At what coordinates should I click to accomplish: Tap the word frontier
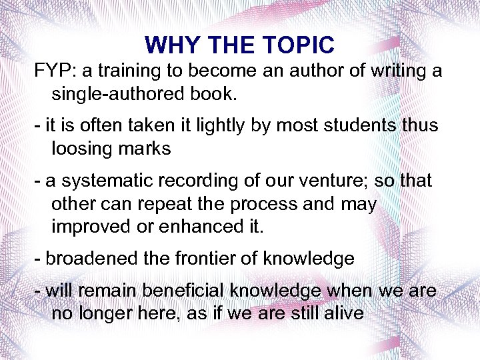tap(205, 259)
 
